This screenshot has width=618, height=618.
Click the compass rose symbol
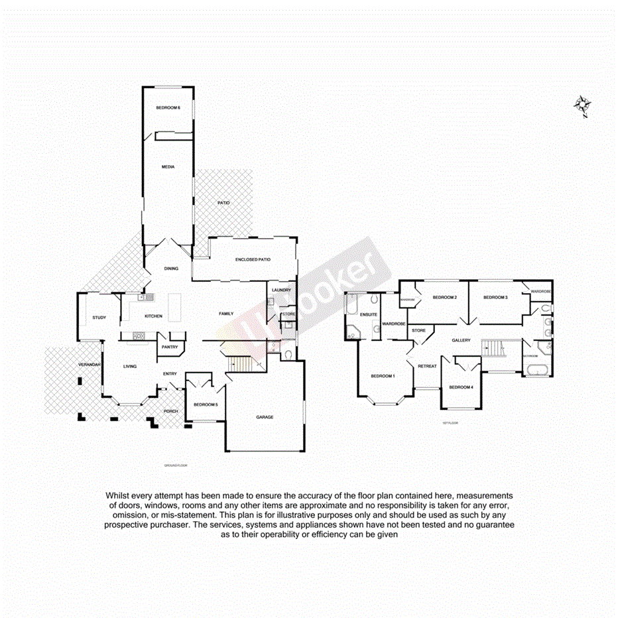[x=583, y=105]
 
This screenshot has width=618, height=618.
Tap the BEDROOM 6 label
[x=168, y=108]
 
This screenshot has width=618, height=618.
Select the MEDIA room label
[x=168, y=167]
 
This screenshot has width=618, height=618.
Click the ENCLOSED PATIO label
[x=253, y=260]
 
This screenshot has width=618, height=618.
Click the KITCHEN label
[x=154, y=316]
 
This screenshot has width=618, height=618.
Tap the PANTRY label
[x=168, y=346]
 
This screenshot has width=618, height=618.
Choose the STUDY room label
[x=99, y=318]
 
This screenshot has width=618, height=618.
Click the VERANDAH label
[x=89, y=365]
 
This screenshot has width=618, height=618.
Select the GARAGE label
[x=265, y=417]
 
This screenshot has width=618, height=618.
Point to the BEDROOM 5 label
[x=206, y=404]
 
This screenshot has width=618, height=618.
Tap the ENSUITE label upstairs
[x=369, y=314]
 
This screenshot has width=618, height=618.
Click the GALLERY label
[x=461, y=340]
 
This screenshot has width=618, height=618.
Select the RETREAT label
[x=427, y=366]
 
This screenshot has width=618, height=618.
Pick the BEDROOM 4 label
[x=461, y=387]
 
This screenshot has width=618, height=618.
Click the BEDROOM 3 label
[x=495, y=298]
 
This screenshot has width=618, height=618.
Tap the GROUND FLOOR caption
[x=176, y=465]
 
